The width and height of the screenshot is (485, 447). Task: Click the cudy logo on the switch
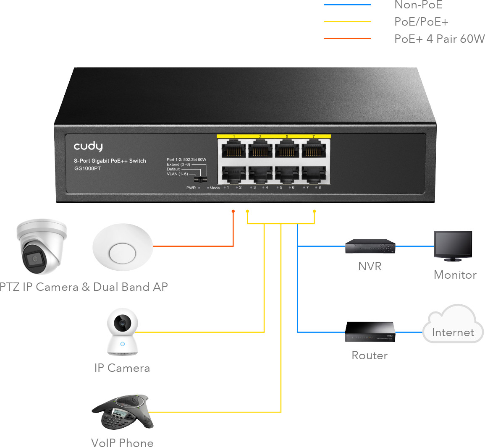88,146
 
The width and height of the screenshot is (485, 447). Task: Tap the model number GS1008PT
87,169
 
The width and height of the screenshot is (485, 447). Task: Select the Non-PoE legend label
418,5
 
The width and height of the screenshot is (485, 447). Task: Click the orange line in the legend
347,39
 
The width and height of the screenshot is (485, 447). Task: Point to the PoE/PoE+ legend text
421,22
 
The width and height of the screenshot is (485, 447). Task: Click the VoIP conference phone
123,412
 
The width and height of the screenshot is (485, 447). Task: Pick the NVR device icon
370,246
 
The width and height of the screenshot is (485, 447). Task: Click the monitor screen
453,246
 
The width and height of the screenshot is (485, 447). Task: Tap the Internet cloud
453,324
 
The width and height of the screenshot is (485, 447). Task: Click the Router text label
370,356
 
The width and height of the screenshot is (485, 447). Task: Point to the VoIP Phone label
122,443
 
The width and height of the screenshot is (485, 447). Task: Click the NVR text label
370,267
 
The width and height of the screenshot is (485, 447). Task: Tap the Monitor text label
455,275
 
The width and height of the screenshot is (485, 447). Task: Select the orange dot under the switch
233,211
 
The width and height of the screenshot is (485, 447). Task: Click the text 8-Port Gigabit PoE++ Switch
110,161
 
